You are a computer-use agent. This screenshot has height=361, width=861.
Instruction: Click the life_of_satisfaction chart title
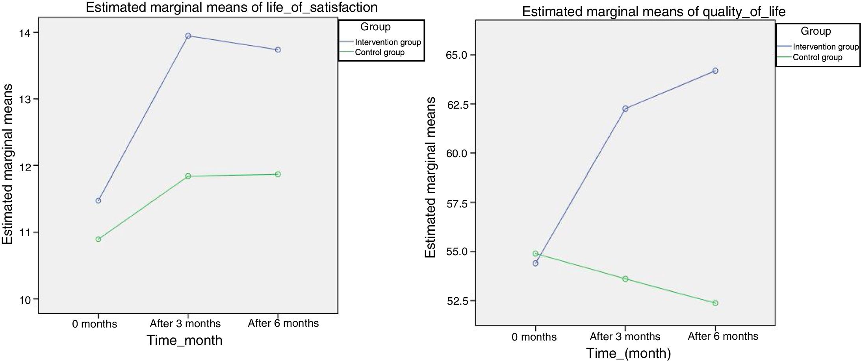point(232,7)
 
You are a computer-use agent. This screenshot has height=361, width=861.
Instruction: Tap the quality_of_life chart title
point(653,12)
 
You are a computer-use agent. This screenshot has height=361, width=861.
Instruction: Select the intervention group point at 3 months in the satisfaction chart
point(188,36)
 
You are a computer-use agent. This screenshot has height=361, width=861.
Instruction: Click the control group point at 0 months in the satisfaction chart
point(98,239)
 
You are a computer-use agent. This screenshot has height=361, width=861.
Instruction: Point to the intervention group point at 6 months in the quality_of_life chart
point(715,71)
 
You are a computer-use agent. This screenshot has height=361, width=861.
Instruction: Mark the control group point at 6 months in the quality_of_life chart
point(715,303)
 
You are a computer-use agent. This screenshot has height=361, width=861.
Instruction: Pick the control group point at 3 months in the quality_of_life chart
point(625,279)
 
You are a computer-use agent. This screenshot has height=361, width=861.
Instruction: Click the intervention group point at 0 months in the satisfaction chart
point(98,201)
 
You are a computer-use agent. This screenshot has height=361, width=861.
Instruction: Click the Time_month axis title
point(184,340)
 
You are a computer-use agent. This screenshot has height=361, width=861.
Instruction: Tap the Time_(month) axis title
point(628,353)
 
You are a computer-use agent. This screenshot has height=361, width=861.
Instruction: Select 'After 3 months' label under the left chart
point(185,324)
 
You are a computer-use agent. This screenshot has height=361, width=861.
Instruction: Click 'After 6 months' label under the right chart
point(723,336)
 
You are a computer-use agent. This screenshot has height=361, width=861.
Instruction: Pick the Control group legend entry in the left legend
point(379,53)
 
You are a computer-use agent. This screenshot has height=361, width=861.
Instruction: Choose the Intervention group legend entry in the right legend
point(825,47)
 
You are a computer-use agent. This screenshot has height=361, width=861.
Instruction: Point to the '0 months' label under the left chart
point(95,324)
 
